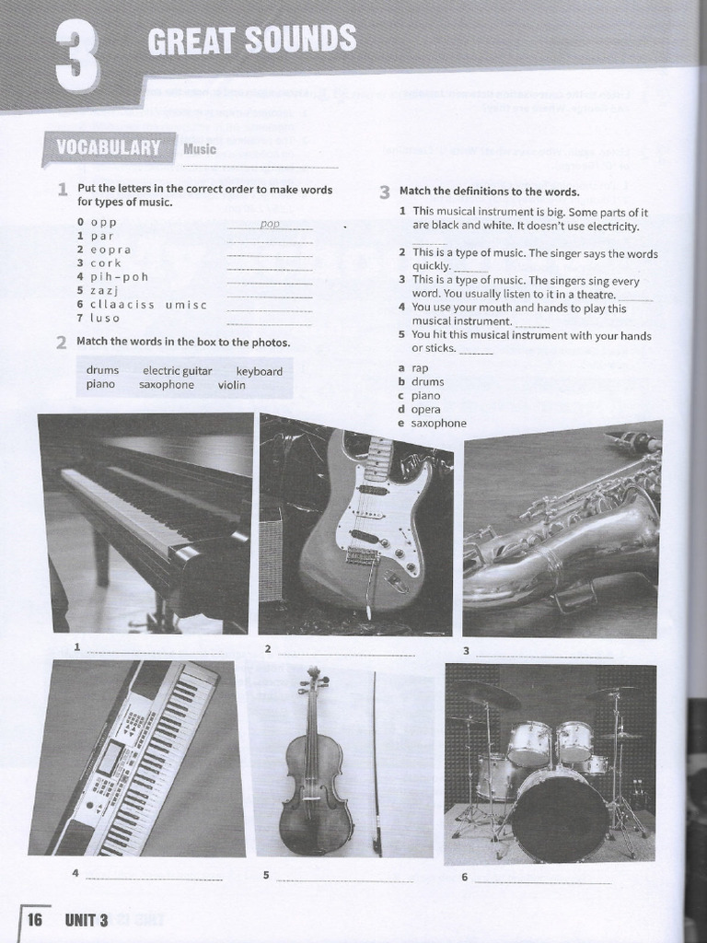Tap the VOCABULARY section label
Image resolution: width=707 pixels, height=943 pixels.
click(x=108, y=147)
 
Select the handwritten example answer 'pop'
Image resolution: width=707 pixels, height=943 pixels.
click(x=270, y=224)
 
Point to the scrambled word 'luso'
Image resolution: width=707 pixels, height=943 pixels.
click(x=105, y=318)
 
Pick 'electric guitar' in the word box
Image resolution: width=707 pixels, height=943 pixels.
click(x=177, y=371)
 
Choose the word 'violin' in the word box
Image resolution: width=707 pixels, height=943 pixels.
click(x=232, y=385)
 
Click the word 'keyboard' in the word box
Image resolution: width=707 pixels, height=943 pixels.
click(x=260, y=371)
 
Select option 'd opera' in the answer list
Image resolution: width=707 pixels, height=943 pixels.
click(x=420, y=409)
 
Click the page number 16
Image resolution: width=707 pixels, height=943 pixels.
click(x=35, y=918)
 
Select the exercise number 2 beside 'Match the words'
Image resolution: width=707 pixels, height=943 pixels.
click(x=62, y=343)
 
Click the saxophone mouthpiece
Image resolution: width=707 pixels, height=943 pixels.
click(x=635, y=439)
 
